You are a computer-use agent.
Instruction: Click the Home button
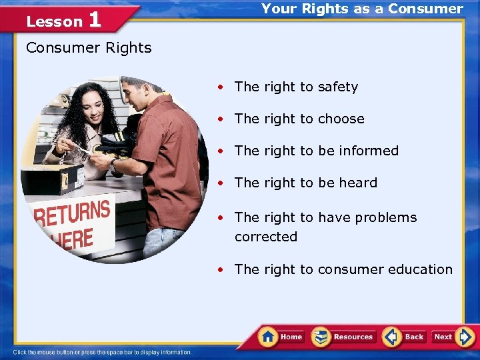point(281,337)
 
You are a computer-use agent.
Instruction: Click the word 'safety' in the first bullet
point(338,87)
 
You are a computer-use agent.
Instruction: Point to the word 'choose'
point(341,119)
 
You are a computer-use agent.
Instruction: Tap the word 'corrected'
point(266,237)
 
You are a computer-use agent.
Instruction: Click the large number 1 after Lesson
point(94,19)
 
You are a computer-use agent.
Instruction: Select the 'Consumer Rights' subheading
point(89,48)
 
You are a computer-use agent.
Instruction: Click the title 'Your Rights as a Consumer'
point(362,9)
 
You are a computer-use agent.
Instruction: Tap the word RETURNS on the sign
point(72,214)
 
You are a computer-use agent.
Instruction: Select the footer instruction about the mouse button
point(102,353)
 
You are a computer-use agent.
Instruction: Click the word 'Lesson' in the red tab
point(54,22)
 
